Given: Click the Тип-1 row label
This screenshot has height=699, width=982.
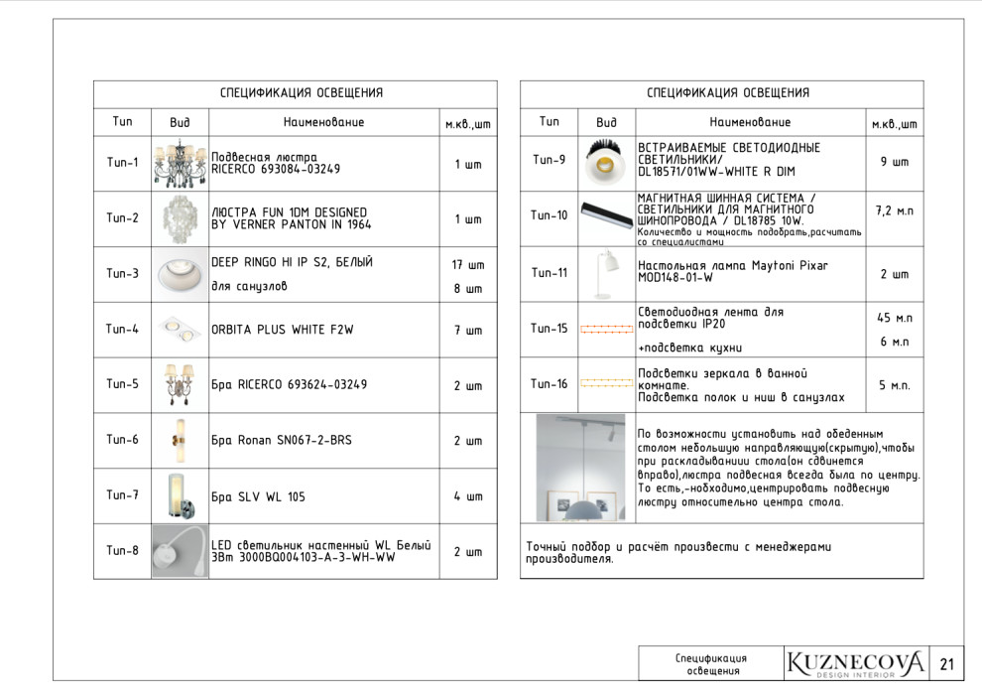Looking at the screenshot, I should pyautogui.click(x=122, y=163).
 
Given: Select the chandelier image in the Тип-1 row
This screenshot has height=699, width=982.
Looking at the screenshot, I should pyautogui.click(x=180, y=164).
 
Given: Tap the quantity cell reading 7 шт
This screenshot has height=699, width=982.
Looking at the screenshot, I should pyautogui.click(x=468, y=330).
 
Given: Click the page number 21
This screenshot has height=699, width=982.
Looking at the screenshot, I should pyautogui.click(x=946, y=664).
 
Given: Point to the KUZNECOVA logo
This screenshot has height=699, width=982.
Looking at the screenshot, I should pyautogui.click(x=855, y=663).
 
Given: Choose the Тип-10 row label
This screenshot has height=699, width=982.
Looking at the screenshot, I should pyautogui.click(x=550, y=214).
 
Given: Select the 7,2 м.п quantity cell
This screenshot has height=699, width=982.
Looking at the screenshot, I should pyautogui.click(x=894, y=211).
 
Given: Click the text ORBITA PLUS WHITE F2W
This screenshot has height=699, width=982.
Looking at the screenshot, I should pyautogui.click(x=282, y=330).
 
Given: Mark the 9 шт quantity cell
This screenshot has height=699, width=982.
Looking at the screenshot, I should pyautogui.click(x=894, y=161).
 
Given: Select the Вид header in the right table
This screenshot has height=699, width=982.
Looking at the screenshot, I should pyautogui.click(x=606, y=122).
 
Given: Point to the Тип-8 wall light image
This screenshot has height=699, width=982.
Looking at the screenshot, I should pyautogui.click(x=180, y=551).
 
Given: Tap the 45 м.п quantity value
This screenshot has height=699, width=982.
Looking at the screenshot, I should pyautogui.click(x=894, y=318).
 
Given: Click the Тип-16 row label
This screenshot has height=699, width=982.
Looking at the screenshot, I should pyautogui.click(x=550, y=384).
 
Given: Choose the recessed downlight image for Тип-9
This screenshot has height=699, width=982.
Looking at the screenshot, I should pyautogui.click(x=605, y=161).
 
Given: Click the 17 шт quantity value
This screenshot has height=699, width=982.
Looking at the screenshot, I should pyautogui.click(x=468, y=265).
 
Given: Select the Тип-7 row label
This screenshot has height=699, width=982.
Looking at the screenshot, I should pyautogui.click(x=122, y=495).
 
